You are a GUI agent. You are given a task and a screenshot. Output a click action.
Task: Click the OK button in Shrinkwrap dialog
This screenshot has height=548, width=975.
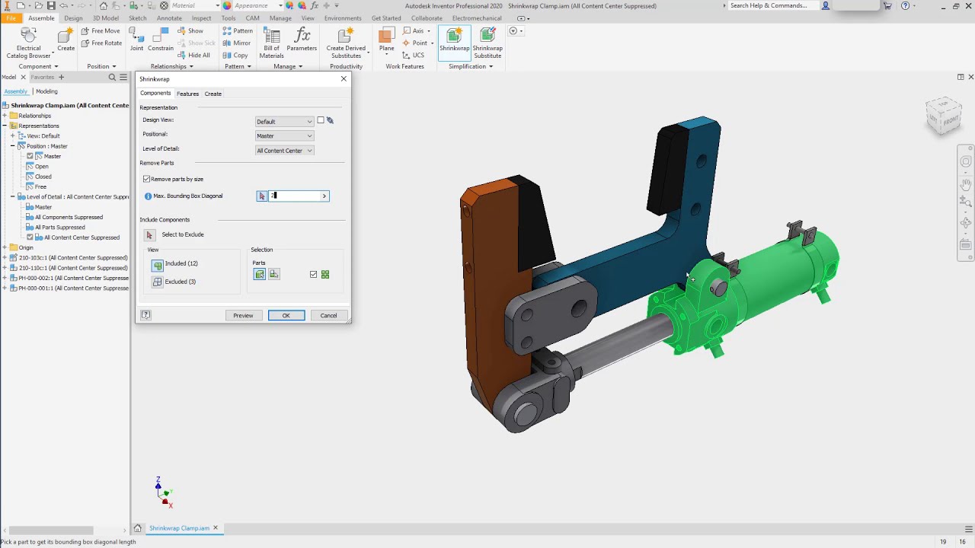(286, 315)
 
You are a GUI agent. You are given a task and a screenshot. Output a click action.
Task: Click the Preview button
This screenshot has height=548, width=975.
(243, 315)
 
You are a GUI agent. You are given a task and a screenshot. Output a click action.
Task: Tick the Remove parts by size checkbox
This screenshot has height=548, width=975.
(147, 179)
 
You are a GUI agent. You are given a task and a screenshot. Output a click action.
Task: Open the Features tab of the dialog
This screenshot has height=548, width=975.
(187, 94)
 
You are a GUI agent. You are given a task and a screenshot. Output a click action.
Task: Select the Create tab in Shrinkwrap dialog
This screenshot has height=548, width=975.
(213, 94)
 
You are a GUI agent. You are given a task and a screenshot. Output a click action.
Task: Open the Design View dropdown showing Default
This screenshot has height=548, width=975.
(284, 122)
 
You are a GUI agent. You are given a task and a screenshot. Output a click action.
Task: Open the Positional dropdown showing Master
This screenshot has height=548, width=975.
(284, 136)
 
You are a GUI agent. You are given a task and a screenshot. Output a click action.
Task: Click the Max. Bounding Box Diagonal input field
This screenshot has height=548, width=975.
(297, 196)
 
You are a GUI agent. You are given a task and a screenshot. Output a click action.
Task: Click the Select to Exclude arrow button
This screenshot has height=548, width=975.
(149, 235)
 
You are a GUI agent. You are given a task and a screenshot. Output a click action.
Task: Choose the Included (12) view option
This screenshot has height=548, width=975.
(158, 264)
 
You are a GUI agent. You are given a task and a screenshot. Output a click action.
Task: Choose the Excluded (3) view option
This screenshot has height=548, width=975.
(158, 282)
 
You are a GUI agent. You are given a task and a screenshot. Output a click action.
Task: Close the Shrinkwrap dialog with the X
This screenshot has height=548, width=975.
(344, 79)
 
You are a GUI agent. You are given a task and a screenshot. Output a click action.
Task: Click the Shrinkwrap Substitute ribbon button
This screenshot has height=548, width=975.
(487, 43)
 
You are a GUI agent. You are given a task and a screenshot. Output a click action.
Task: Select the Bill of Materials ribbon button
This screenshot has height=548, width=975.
(271, 43)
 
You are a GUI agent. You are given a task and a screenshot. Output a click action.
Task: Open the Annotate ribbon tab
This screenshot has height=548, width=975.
(169, 18)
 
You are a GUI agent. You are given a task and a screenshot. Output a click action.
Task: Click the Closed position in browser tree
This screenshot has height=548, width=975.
(43, 177)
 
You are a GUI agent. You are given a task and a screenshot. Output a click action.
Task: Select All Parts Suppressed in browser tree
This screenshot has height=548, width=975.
(59, 227)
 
